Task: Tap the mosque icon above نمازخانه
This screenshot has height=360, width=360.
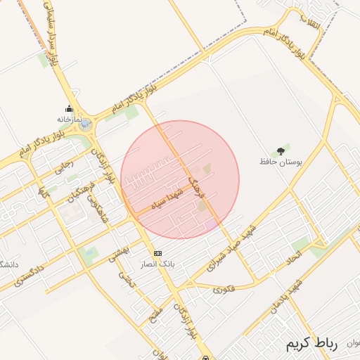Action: tap(69, 108)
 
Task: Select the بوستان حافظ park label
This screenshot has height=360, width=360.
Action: tap(282, 162)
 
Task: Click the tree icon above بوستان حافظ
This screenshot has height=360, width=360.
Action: tap(281, 150)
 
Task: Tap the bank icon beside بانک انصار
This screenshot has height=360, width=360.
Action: tap(157, 252)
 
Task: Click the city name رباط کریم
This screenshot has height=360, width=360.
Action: tap(311, 345)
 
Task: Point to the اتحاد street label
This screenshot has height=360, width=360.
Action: tap(278, 262)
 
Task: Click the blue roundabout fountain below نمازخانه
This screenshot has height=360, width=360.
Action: tap(85, 125)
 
